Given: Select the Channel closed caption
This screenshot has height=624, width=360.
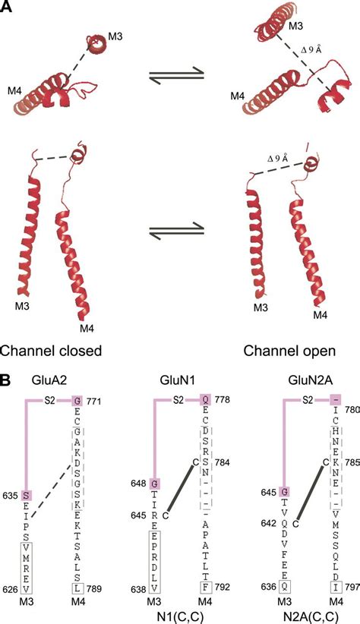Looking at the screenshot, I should tap(52, 351).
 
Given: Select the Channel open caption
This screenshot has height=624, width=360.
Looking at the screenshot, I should tap(288, 351).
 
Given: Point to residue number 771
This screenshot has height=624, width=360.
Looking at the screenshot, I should tap(96, 400).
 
